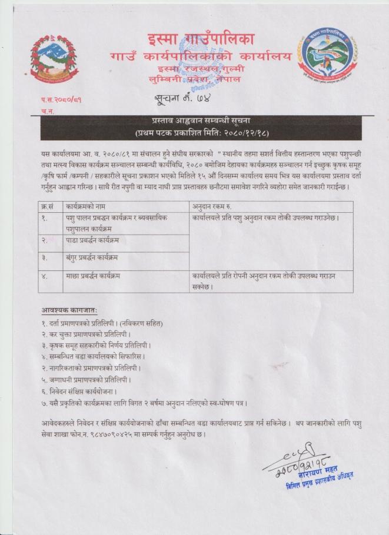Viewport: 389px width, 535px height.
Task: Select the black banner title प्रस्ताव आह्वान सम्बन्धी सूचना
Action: pyautogui.click(x=194, y=120)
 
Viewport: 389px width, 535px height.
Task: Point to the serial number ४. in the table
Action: pyautogui.click(x=45, y=275)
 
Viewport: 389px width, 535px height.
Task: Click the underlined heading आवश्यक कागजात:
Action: pyautogui.click(x=69, y=310)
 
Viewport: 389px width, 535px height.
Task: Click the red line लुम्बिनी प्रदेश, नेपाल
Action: pyautogui.click(x=201, y=79)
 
